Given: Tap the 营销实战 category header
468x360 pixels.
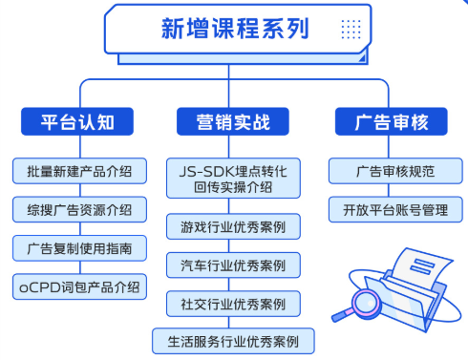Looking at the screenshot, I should (233, 122).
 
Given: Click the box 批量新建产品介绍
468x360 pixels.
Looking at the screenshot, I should (80, 172).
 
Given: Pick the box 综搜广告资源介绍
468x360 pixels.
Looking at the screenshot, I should (80, 209).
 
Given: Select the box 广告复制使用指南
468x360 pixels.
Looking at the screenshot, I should (80, 247).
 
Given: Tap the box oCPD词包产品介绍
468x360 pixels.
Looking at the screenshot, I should (80, 285).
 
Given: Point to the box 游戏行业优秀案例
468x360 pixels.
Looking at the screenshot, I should (233, 227).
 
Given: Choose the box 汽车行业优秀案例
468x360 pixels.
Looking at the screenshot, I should (233, 265).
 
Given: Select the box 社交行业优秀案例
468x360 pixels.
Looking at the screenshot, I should (233, 303).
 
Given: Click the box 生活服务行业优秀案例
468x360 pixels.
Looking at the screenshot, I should (233, 340).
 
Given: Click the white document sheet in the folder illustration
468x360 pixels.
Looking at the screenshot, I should (412, 263).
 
